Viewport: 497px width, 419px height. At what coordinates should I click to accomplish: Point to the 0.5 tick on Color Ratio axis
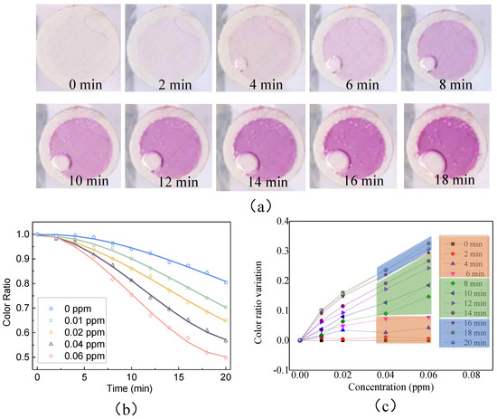click(x=24, y=356)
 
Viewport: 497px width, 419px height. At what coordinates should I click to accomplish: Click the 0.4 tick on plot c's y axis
click(x=288, y=222)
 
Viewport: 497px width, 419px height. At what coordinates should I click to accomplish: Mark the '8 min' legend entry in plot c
click(x=465, y=283)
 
